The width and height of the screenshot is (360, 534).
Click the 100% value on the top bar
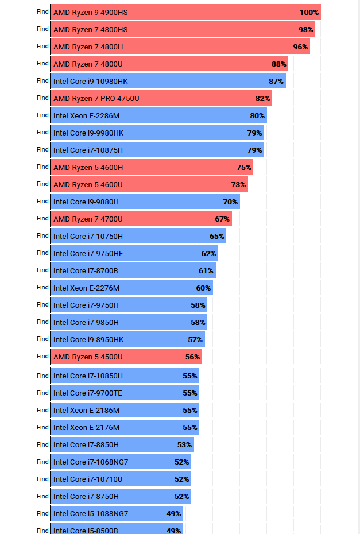(x=309, y=12)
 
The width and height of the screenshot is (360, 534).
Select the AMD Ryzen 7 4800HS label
(x=90, y=29)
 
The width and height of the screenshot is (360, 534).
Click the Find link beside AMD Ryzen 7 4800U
(x=42, y=63)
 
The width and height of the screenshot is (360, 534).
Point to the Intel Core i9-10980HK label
(x=90, y=81)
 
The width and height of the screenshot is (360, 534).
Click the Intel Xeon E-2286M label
(x=86, y=115)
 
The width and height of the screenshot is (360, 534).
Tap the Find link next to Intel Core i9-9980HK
(x=42, y=132)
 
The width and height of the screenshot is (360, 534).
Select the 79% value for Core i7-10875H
(x=254, y=150)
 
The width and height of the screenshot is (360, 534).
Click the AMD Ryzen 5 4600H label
(x=88, y=167)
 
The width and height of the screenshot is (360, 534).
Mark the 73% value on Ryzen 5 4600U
(x=238, y=184)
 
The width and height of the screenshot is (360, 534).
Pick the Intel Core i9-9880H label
(x=86, y=202)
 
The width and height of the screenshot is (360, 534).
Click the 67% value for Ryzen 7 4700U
(x=222, y=219)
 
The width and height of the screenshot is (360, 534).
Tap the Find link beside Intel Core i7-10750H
(x=42, y=235)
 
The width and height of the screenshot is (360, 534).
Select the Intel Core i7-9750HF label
(x=88, y=253)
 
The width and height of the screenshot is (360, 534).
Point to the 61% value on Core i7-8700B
(x=206, y=270)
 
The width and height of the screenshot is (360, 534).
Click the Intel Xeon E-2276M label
(x=86, y=288)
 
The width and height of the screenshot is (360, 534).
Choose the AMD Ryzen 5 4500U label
(x=88, y=357)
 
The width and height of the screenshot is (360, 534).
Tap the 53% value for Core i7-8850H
(x=184, y=444)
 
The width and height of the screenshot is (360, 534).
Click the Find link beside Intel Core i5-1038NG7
(x=42, y=513)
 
